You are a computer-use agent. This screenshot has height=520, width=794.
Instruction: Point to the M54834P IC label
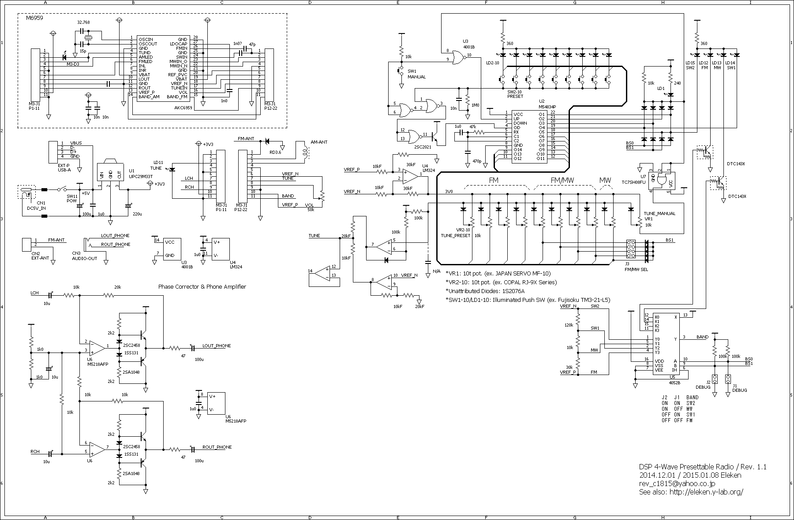click(547, 107)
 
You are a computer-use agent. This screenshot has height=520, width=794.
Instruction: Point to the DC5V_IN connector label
click(36, 208)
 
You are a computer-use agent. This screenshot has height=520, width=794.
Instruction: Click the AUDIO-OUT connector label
click(84, 259)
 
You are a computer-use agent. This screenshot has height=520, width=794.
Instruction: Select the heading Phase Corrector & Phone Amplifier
click(202, 287)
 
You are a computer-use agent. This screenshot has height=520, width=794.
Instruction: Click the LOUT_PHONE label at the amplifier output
click(216, 346)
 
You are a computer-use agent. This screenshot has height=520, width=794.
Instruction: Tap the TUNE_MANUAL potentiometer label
click(659, 213)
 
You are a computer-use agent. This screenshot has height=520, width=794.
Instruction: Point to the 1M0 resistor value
click(476, 106)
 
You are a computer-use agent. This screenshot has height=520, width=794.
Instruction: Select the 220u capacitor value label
click(137, 214)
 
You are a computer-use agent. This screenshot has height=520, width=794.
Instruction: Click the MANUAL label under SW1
click(416, 77)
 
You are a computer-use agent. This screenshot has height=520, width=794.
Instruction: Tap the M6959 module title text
click(34, 19)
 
